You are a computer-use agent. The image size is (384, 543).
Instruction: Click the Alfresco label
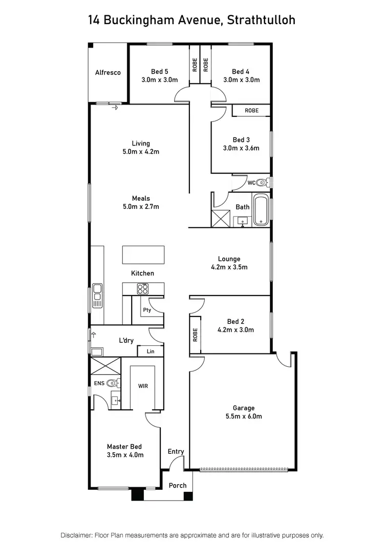(x=108, y=73)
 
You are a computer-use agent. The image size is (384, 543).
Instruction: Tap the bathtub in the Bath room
(x=261, y=210)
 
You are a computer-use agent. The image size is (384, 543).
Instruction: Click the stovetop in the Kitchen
(x=142, y=289)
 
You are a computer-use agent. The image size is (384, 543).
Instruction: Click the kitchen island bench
(x=143, y=255)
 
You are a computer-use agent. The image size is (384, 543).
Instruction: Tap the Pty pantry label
(x=147, y=310)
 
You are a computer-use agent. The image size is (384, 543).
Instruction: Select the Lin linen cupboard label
(x=151, y=351)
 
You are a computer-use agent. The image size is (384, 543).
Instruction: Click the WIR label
(x=143, y=386)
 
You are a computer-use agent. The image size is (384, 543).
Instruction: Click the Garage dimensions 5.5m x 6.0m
(x=244, y=416)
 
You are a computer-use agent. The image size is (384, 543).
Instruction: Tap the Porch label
(x=178, y=486)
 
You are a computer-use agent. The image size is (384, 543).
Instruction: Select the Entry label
(x=176, y=451)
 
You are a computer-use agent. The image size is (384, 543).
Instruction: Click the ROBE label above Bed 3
(x=251, y=111)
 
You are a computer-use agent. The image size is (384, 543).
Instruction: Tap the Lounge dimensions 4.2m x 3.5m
(x=229, y=267)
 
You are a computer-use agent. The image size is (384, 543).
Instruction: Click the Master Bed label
(x=124, y=446)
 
